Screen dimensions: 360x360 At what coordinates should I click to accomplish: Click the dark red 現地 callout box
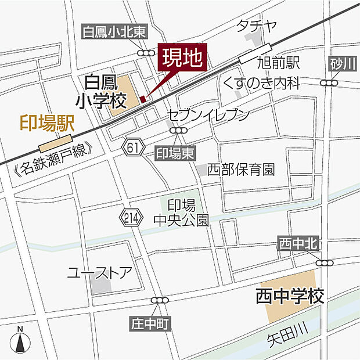182,58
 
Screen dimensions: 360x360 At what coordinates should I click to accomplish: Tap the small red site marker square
143,98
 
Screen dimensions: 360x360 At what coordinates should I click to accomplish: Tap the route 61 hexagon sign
133,148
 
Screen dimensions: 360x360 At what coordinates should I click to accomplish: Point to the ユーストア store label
100,272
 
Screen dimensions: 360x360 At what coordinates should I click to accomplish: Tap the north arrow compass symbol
20,341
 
